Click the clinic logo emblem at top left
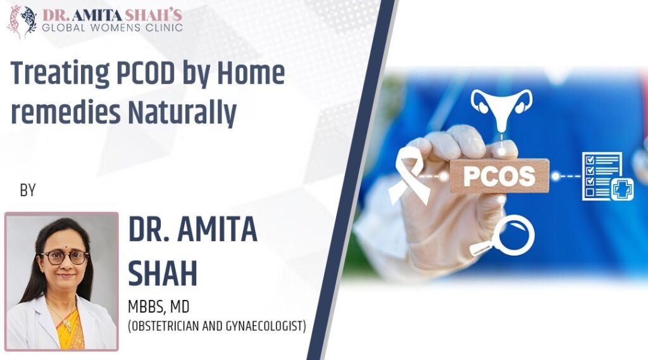coord(22,20)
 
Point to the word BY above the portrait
coord(28,190)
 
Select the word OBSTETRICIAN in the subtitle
coord(167,326)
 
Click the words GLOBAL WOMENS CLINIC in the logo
coord(113,27)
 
